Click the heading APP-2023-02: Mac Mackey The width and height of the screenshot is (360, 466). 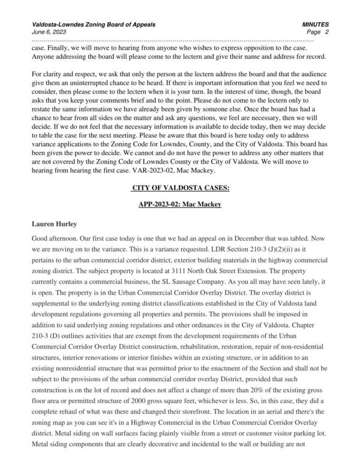click(x=180, y=205)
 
